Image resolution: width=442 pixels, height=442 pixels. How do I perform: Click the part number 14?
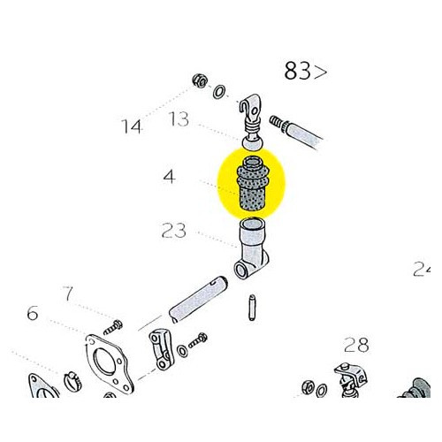(x=132, y=126)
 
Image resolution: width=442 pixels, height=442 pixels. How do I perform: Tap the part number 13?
(x=179, y=119)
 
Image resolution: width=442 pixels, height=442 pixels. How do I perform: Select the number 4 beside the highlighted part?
(x=168, y=178)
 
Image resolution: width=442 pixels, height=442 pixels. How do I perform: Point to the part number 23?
(x=174, y=232)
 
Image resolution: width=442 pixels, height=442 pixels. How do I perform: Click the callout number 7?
(x=66, y=293)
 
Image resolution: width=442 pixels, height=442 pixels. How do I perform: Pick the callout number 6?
(x=33, y=312)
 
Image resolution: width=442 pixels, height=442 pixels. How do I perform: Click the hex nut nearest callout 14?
(x=200, y=82)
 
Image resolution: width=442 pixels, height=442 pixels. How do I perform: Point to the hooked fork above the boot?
(x=252, y=112)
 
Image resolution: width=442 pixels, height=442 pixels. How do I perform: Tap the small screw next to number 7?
(x=115, y=319)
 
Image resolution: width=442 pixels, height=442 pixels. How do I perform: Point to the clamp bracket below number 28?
(x=346, y=378)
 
